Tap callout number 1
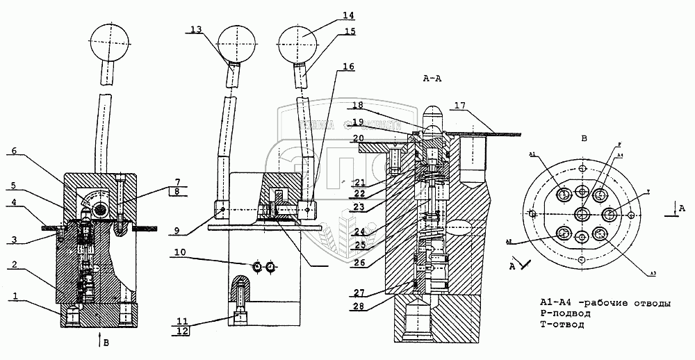(x=14, y=295)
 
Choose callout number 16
(x=347, y=67)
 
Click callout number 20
(x=358, y=138)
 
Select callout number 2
(x=14, y=265)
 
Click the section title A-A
(x=432, y=79)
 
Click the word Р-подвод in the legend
(x=565, y=313)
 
